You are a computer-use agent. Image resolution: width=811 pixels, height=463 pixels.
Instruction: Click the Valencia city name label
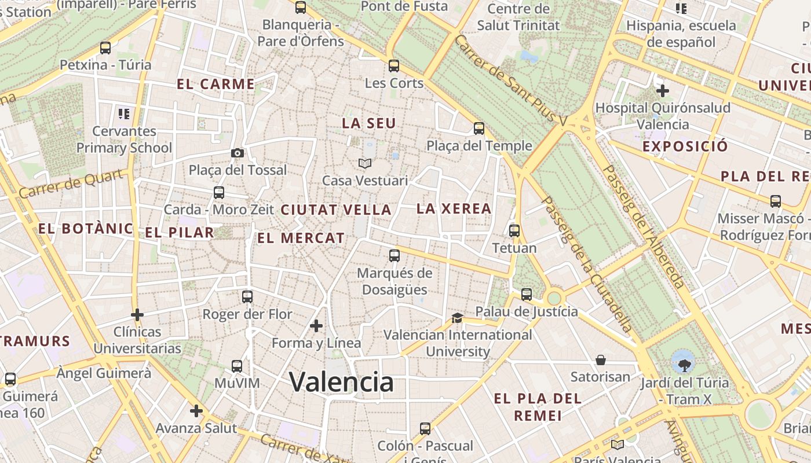click(x=341, y=382)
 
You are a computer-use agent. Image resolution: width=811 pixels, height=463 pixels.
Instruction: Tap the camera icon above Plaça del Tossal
click(x=238, y=153)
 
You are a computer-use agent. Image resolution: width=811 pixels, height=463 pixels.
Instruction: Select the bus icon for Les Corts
click(x=394, y=66)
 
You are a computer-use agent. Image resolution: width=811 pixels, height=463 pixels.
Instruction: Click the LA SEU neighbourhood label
click(x=369, y=123)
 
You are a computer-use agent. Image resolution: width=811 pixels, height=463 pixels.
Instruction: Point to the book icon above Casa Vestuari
click(x=364, y=164)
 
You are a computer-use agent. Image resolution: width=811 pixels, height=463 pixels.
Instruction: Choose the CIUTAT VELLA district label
click(x=336, y=210)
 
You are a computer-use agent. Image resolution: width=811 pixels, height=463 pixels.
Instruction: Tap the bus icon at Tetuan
click(x=514, y=231)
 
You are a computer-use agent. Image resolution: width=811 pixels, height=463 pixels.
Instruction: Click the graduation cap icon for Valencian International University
click(x=457, y=318)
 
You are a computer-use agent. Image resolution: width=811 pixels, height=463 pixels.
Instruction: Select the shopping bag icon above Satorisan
click(x=601, y=360)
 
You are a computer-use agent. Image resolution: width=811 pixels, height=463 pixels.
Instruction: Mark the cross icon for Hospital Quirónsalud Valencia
click(x=663, y=91)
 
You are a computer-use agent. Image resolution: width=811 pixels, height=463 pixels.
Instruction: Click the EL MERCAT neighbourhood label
click(x=301, y=238)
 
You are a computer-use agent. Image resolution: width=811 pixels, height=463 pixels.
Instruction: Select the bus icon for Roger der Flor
click(x=247, y=297)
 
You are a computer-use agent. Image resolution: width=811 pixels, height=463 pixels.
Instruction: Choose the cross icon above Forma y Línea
click(x=316, y=326)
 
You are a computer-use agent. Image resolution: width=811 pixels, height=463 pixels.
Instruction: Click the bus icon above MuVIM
click(x=237, y=366)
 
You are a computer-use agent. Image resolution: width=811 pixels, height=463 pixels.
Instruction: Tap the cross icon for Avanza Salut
click(x=196, y=411)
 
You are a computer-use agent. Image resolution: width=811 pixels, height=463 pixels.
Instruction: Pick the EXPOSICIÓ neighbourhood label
click(x=685, y=146)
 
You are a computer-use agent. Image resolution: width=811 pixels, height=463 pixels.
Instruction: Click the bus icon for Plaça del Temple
click(x=479, y=128)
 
